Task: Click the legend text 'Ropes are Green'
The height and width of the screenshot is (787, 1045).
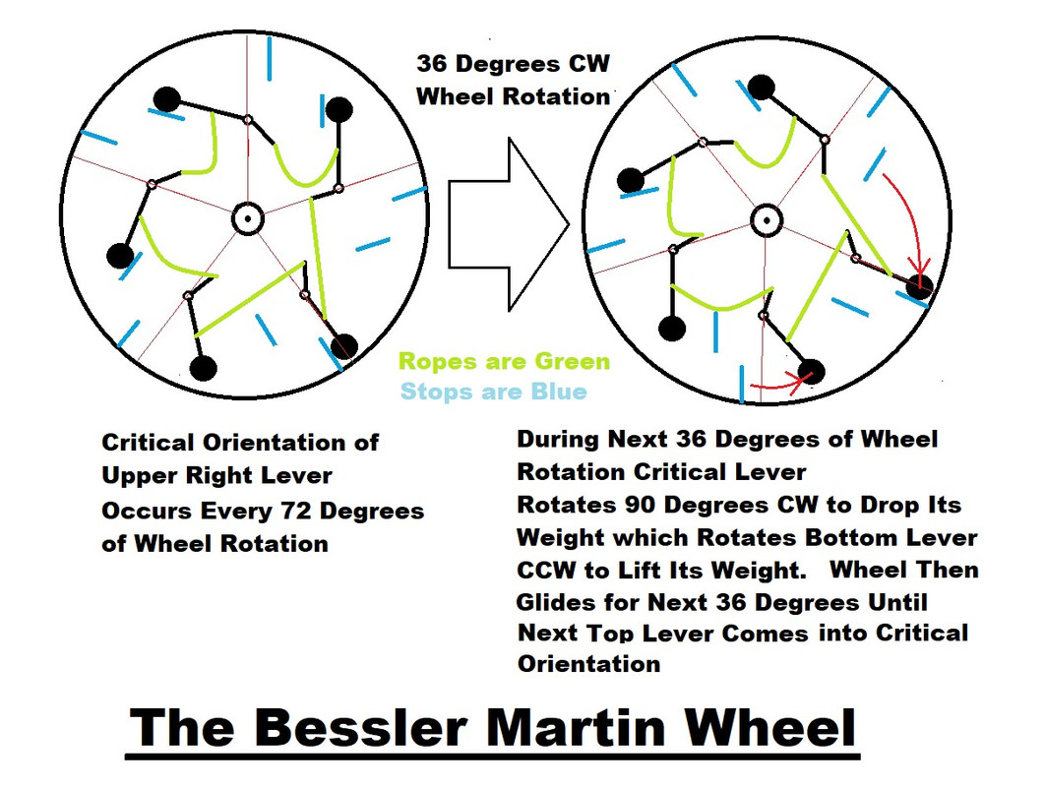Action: point(504,362)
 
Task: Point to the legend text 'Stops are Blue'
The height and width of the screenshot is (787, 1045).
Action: point(493,392)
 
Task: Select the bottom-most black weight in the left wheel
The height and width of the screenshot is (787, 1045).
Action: point(203,369)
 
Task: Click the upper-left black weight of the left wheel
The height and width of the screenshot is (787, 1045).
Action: point(167,98)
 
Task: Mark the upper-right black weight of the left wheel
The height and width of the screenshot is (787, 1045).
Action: point(338,109)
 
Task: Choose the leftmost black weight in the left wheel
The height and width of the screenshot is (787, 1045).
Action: point(120,256)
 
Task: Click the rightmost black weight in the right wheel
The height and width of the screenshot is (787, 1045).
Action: point(919,287)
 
